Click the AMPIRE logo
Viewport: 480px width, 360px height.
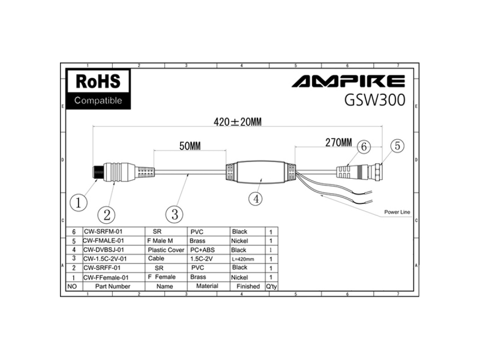click(x=348, y=81)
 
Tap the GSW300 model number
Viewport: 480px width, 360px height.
click(x=374, y=100)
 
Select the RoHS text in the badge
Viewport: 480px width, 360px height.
click(x=98, y=81)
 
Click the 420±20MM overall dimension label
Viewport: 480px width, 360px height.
click(x=237, y=122)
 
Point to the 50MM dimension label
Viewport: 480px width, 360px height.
click(x=190, y=146)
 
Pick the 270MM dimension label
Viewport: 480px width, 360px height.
click(x=338, y=143)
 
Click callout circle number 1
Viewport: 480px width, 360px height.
click(x=78, y=203)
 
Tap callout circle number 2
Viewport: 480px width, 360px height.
click(x=106, y=215)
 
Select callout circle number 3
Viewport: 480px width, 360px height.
click(x=174, y=214)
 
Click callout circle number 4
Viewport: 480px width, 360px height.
click(x=256, y=199)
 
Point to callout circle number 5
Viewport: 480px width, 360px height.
click(x=397, y=146)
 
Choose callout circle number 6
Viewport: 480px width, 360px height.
click(x=364, y=147)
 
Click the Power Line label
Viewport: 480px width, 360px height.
click(x=397, y=212)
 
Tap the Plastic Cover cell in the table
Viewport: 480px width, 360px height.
click(x=166, y=250)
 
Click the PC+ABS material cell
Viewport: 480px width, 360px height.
click(x=202, y=250)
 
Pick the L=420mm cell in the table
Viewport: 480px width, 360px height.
click(x=243, y=259)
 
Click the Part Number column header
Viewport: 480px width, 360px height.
click(x=113, y=286)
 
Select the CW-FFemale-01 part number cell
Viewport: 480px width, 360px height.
click(x=106, y=278)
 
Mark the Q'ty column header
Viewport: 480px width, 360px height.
click(x=271, y=286)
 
